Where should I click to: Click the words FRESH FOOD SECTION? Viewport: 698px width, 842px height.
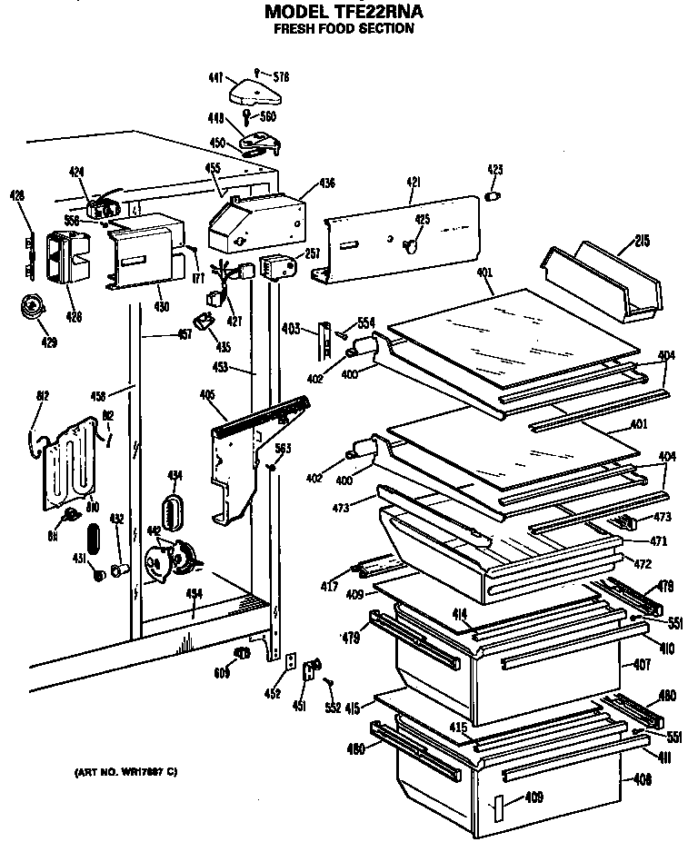coord(344,28)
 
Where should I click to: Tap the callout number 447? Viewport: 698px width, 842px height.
coord(215,80)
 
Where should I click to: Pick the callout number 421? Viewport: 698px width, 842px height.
coord(413,183)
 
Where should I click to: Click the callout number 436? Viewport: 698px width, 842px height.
coord(326,183)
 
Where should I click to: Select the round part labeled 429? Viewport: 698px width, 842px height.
coord(33,308)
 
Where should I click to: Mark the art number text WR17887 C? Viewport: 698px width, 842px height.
coord(125,772)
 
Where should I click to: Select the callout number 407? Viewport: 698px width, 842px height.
coord(641,665)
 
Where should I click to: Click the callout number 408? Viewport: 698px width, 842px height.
coord(641,779)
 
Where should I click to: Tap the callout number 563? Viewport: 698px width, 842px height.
coord(283,448)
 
